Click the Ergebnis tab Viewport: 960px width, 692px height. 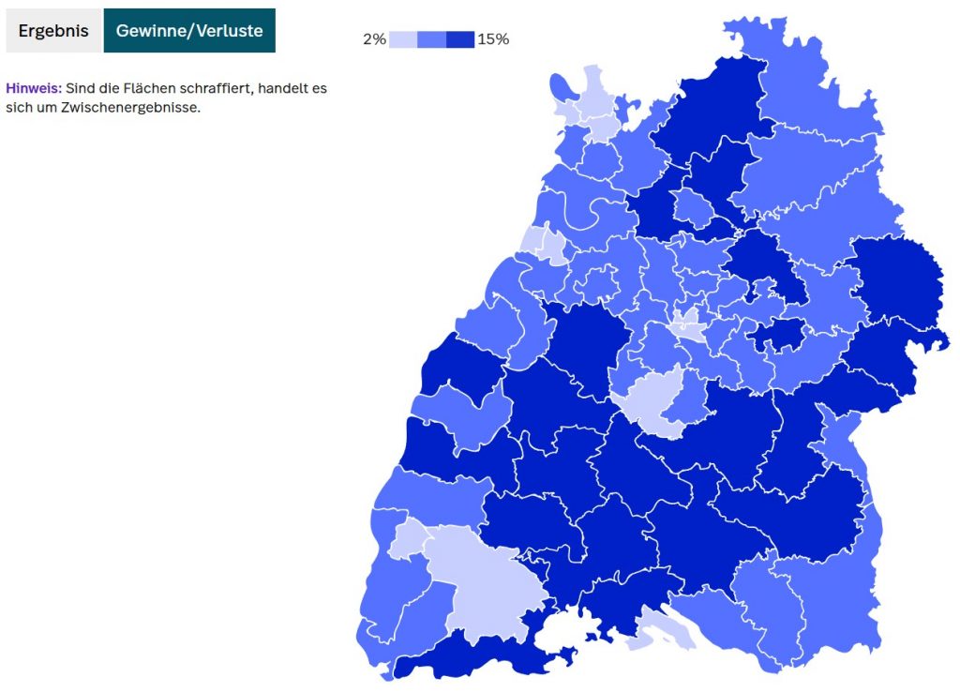52,31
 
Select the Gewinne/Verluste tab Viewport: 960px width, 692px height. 189,31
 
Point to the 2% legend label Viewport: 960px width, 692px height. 374,39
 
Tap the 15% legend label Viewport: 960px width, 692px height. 493,39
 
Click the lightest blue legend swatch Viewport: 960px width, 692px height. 403,39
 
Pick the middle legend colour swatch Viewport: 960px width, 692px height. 431,39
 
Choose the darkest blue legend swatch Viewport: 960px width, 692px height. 459,39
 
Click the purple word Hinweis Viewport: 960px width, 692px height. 33,88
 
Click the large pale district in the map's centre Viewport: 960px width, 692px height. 652,399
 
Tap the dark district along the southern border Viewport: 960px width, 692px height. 469,656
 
